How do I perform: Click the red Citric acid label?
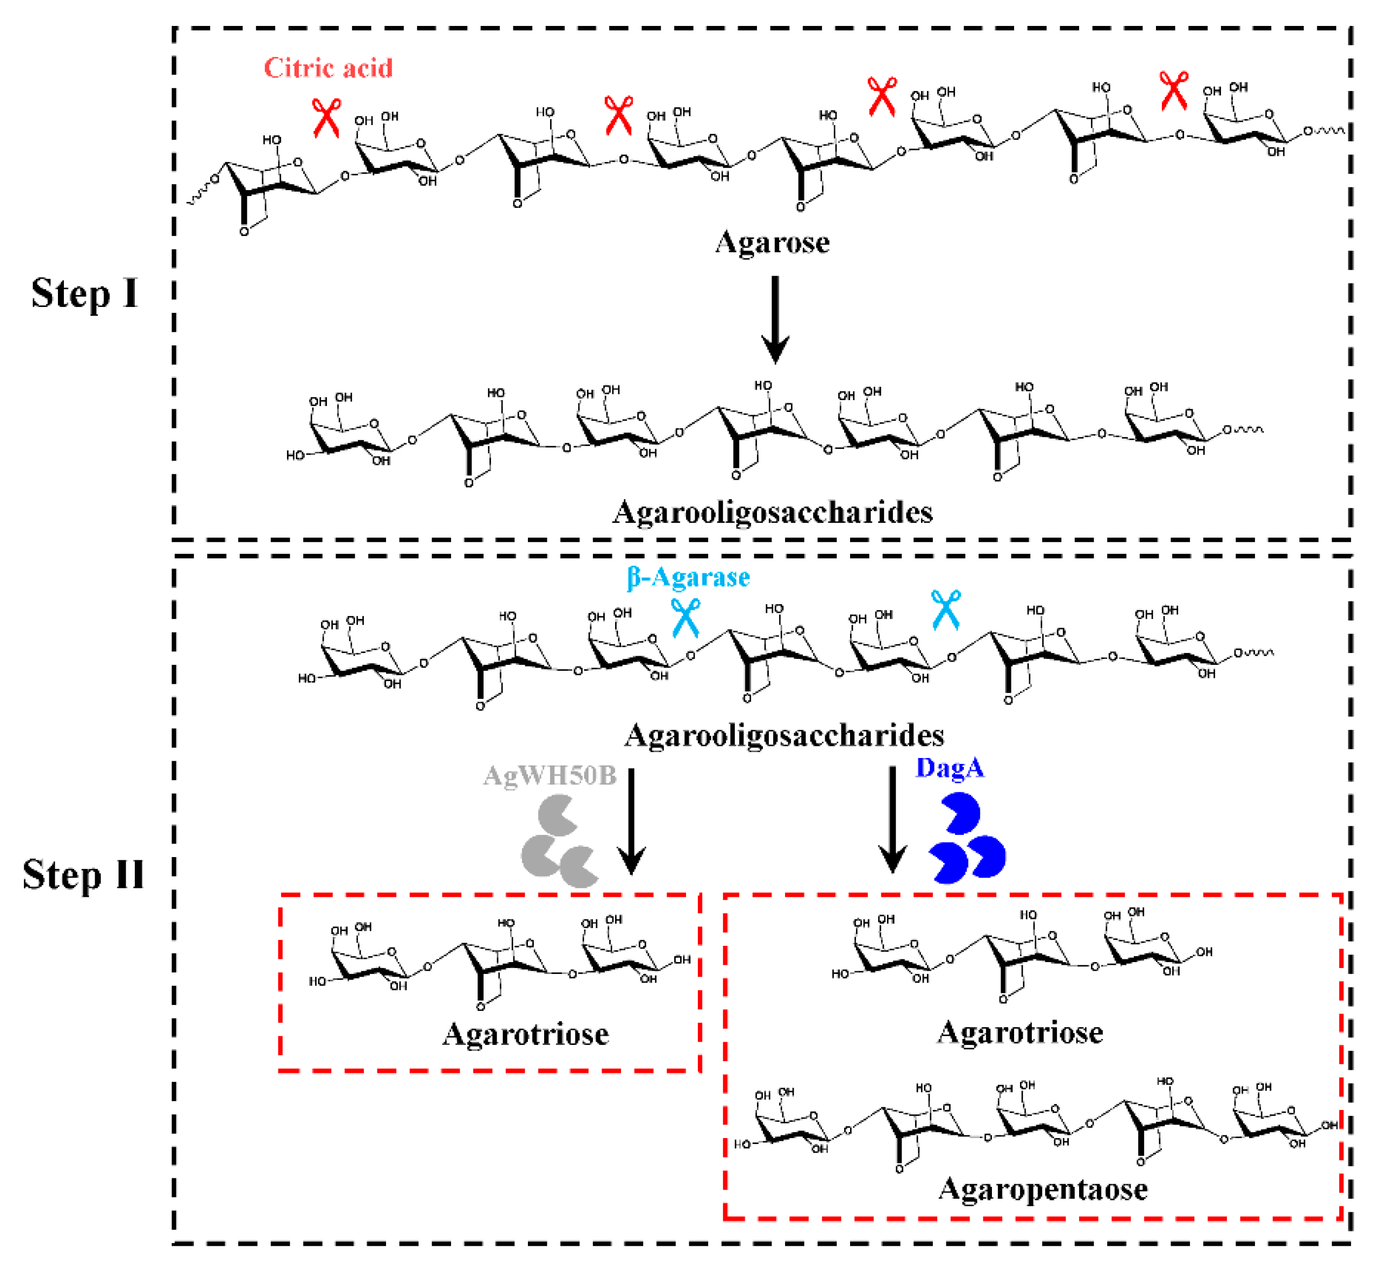click(328, 68)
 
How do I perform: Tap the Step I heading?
click(84, 293)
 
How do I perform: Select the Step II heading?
click(83, 875)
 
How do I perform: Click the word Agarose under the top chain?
click(772, 243)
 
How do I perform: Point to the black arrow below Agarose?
click(775, 319)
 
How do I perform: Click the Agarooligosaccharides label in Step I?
click(772, 513)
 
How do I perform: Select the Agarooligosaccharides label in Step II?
click(784, 735)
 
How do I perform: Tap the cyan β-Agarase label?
click(688, 577)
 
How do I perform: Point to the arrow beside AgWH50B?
click(631, 821)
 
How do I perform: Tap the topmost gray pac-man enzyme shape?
click(554, 816)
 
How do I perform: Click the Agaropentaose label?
click(1043, 1189)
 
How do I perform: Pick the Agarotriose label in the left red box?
click(525, 1034)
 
